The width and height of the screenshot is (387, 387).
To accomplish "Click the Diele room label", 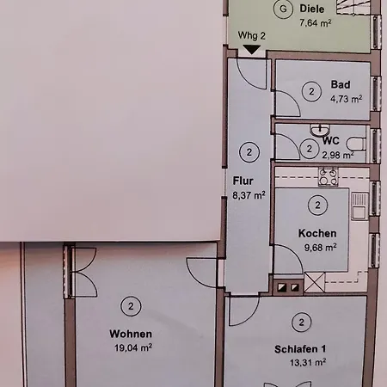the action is tap(312, 9).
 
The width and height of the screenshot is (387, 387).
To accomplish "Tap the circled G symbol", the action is tap(283, 9).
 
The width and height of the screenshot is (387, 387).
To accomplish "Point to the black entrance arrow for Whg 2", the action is tap(251, 50).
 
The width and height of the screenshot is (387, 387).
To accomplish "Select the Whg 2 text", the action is tap(251, 35).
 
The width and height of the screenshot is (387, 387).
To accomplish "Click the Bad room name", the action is tap(341, 84).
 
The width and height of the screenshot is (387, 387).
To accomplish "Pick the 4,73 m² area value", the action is tap(347, 99).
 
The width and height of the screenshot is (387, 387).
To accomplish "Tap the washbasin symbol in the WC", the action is tap(320, 131).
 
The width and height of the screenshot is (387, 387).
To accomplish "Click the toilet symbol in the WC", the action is tap(356, 144).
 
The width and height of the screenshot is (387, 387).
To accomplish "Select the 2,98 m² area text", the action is tap(338, 155).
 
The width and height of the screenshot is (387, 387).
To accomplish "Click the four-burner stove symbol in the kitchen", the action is tap(329, 177).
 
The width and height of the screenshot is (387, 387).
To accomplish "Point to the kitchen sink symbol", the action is tap(359, 206).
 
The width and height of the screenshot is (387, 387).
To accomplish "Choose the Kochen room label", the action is tap(317, 233).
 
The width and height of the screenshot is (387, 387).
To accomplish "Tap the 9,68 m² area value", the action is tap(320, 248).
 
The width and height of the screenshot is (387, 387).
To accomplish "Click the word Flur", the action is tap(243, 181).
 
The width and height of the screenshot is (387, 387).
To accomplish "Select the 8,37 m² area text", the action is tap(249, 195).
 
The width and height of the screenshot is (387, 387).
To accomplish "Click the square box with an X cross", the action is tap(315, 282).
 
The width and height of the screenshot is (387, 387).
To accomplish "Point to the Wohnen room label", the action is tap(131, 334).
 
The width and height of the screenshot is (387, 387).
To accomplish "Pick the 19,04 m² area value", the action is tap(133, 347).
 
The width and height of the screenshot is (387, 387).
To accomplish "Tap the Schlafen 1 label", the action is tap(300, 349).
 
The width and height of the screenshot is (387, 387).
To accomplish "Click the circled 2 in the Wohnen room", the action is tap(131, 306).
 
